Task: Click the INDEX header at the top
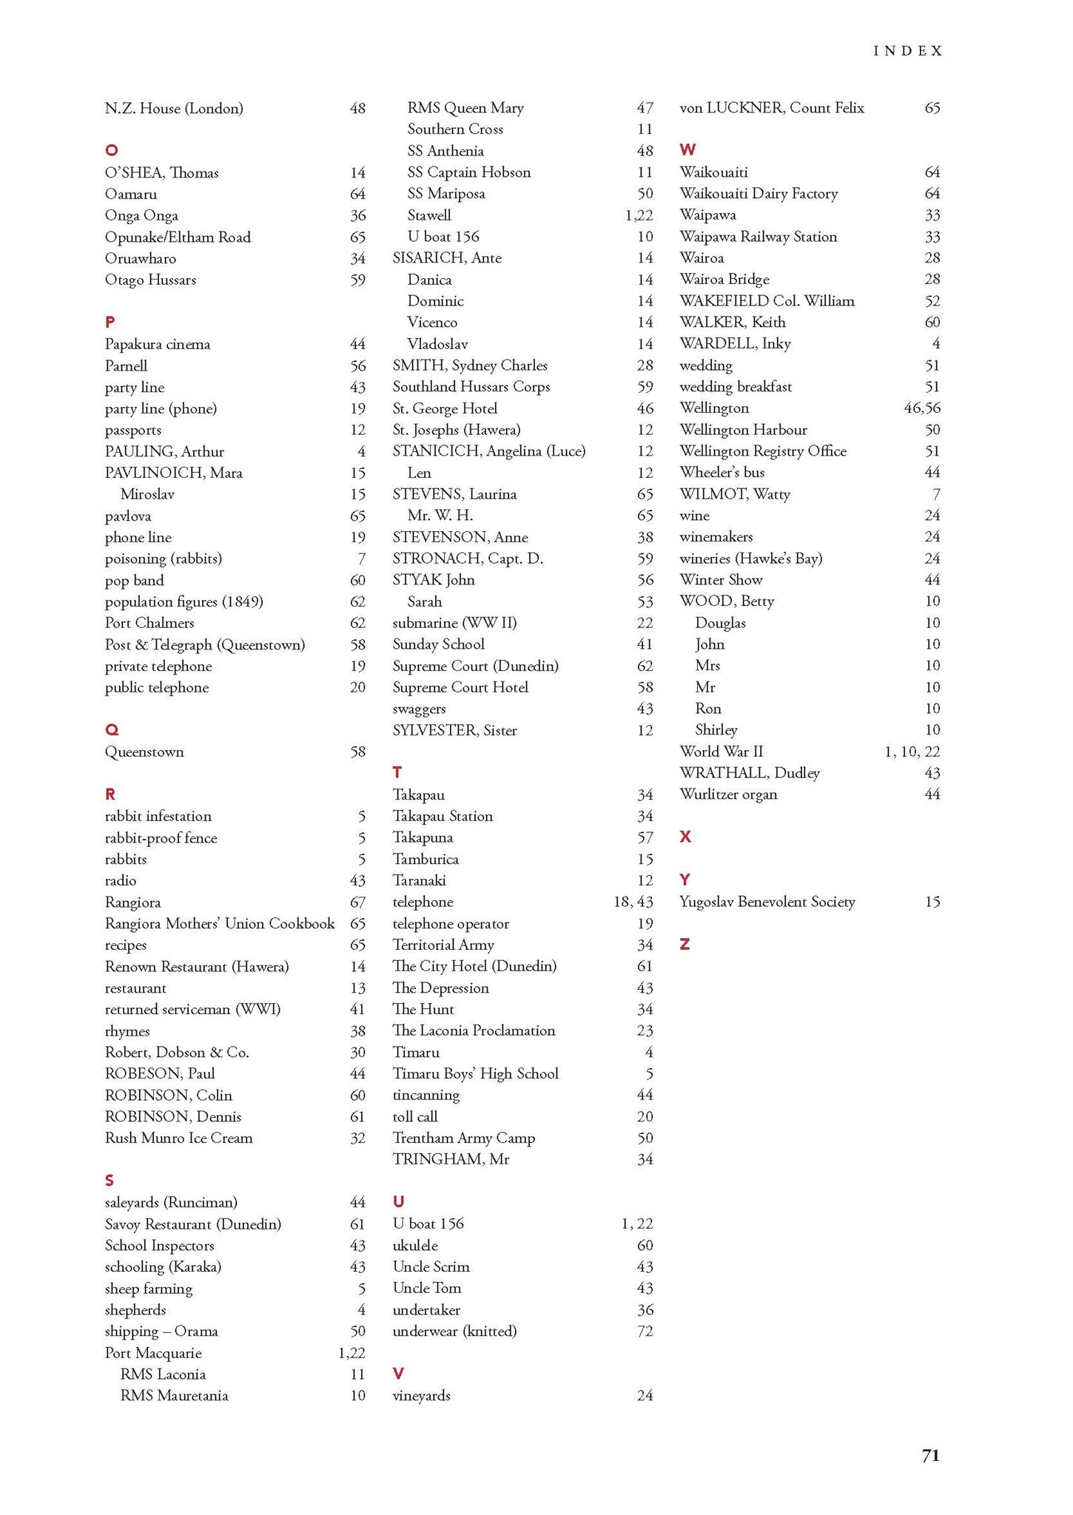coord(908,51)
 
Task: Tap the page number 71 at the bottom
coord(930,1455)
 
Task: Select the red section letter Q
coord(112,730)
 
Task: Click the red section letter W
coord(687,150)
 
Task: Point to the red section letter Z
coord(684,945)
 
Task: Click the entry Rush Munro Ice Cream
coord(178,1138)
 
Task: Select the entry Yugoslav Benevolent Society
coord(767,902)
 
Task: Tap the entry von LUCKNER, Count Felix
coord(771,108)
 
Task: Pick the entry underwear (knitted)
coord(454,1331)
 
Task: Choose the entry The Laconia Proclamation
coord(474,1030)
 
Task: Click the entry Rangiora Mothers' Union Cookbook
coord(220,923)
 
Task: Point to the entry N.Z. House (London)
coord(174,109)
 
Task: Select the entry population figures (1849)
coord(184,601)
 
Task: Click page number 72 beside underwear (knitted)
coord(645,1331)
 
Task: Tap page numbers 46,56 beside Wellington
coord(922,408)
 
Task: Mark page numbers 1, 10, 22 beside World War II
coord(912,752)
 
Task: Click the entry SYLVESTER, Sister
coord(454,730)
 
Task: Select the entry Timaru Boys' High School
coord(475,1073)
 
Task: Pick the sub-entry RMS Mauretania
coord(174,1395)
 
